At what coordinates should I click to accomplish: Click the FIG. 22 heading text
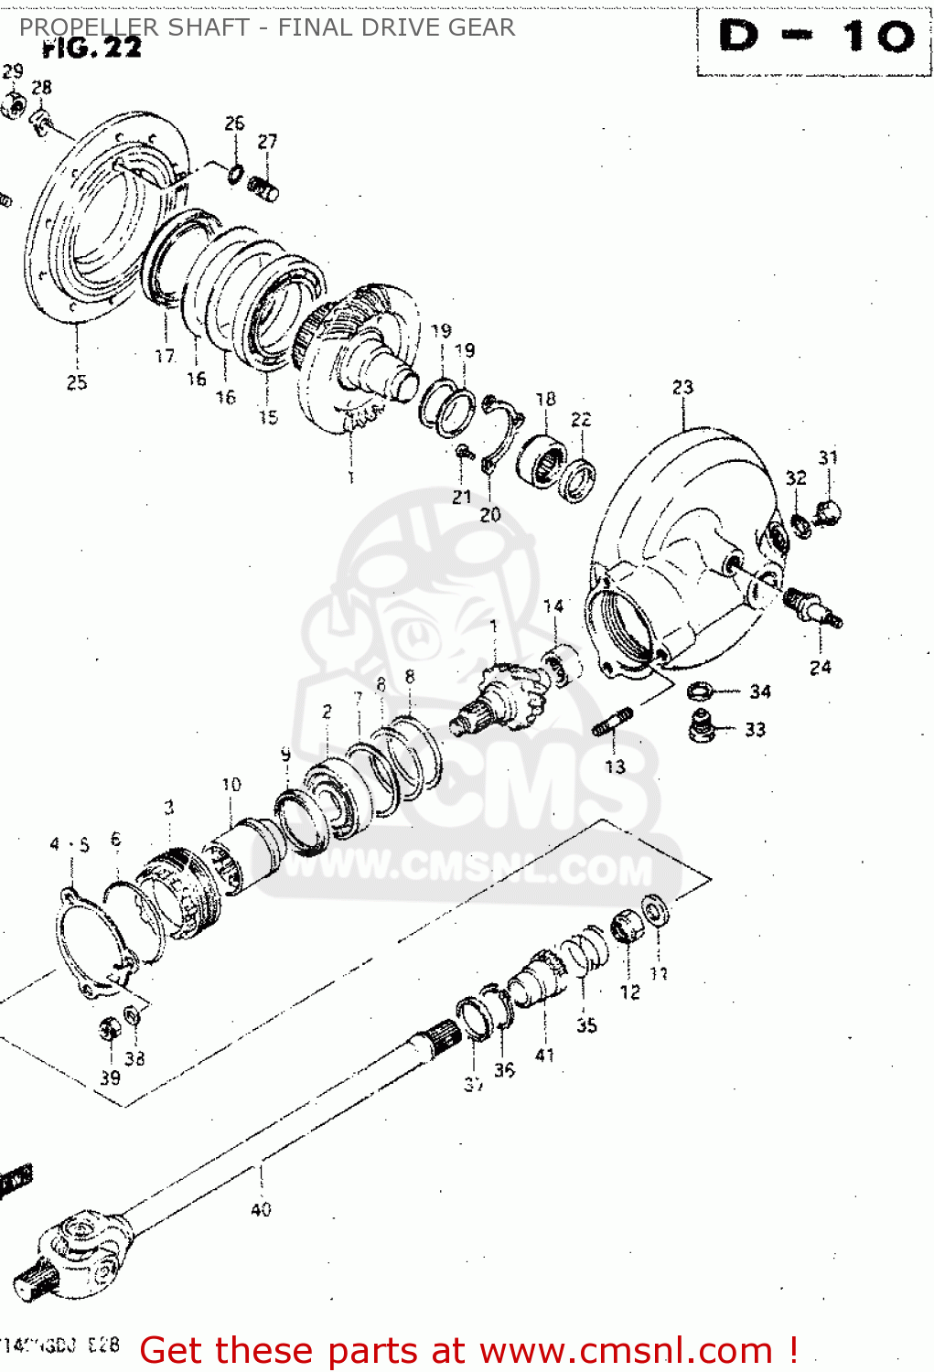[x=92, y=48]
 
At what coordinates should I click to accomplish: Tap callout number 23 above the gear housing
[x=682, y=388]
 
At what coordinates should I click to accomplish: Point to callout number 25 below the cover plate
[x=77, y=383]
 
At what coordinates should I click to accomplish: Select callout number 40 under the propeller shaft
[x=261, y=1209]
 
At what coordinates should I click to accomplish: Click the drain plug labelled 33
[x=702, y=727]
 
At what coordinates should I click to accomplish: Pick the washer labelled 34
[x=700, y=691]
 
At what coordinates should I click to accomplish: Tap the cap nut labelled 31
[x=827, y=512]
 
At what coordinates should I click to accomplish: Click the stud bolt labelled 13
[x=612, y=722]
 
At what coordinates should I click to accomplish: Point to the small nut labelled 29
[x=12, y=107]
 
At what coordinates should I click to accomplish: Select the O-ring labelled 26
[x=236, y=173]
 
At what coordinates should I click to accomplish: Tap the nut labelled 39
[x=110, y=1030]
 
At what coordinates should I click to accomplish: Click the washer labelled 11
[x=654, y=910]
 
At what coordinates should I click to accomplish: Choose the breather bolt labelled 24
[x=811, y=607]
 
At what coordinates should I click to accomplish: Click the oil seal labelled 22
[x=578, y=481]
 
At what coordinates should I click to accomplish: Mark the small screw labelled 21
[x=463, y=451]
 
